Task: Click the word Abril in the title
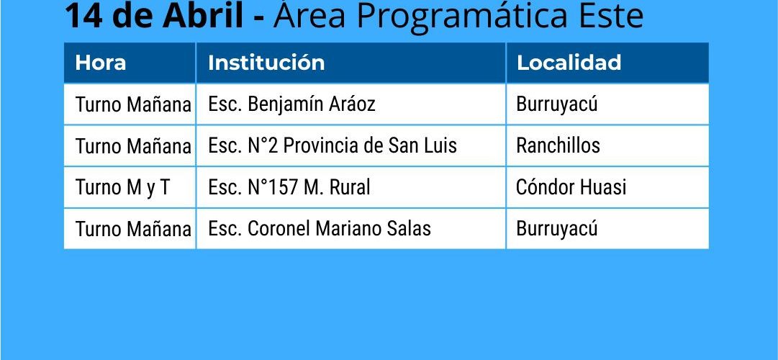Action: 204,16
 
